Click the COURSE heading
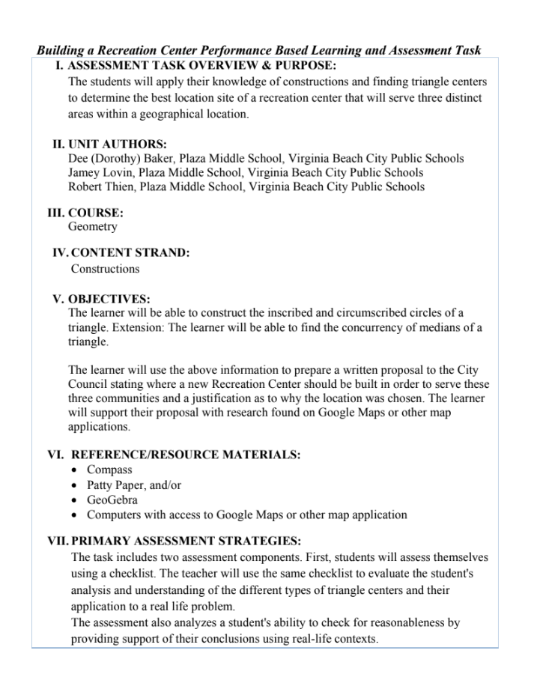[95, 213]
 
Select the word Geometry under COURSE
[92, 226]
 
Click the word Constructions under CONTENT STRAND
[105, 268]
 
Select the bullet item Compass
[109, 470]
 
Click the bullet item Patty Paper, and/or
[134, 485]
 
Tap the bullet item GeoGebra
[112, 500]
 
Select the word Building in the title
[61, 51]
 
